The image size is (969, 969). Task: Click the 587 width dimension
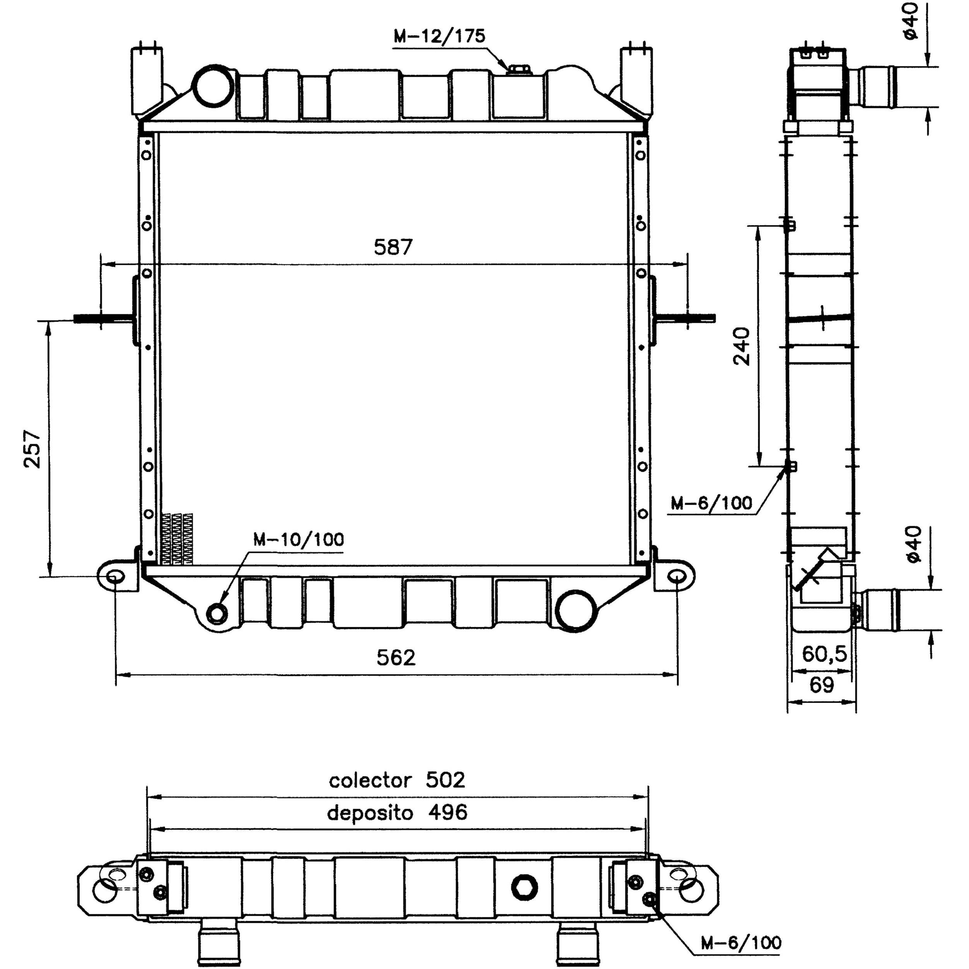coord(393,247)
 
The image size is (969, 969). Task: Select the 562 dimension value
coord(396,658)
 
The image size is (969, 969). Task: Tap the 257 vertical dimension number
coord(32,449)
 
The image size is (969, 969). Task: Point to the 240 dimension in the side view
coord(742,346)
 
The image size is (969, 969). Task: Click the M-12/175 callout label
coord(439,36)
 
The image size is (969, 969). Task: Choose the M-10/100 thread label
coord(298,540)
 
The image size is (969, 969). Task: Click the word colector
coord(370,780)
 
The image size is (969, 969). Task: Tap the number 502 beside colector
coord(445,780)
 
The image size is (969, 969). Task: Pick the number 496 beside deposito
coord(448,812)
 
